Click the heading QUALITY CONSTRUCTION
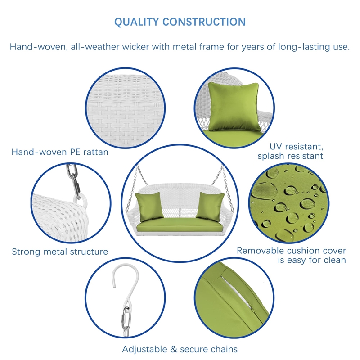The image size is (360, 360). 180,22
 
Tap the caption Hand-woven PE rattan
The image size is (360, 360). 60,152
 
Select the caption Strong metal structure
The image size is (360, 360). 60,252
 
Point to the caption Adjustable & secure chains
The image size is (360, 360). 180,349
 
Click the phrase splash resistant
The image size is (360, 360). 290,156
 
